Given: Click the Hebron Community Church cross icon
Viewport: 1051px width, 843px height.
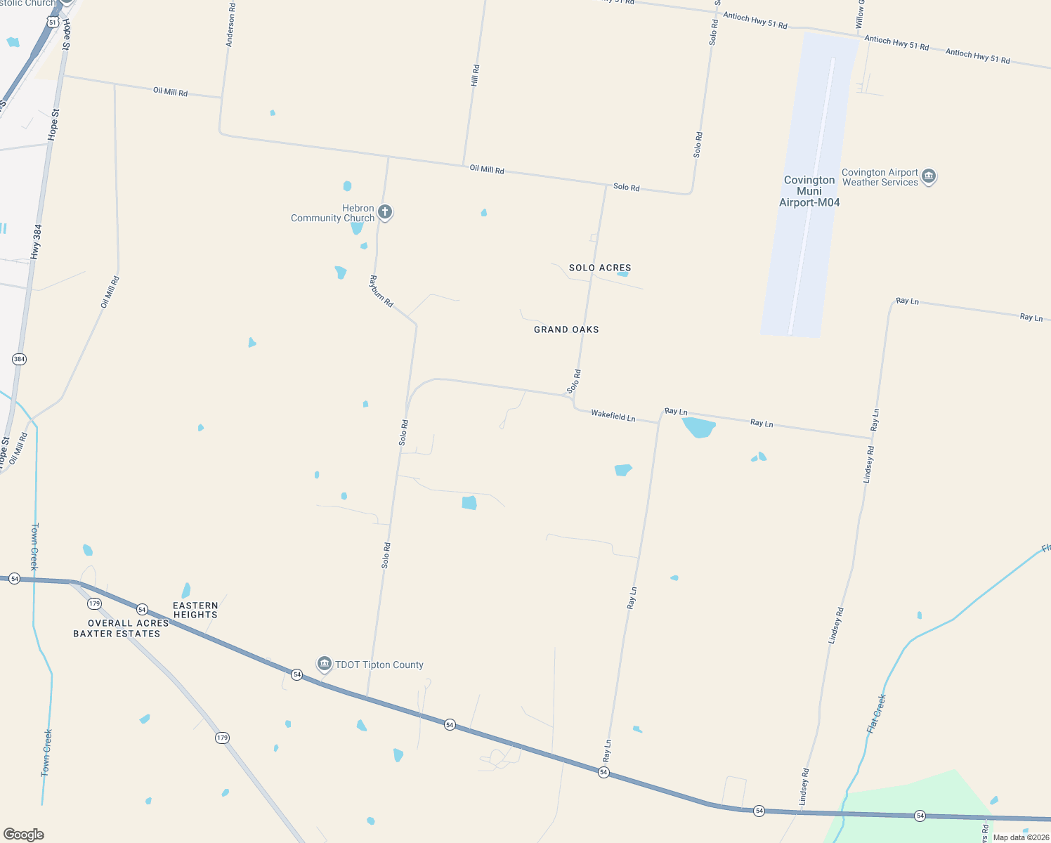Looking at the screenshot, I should (x=384, y=211).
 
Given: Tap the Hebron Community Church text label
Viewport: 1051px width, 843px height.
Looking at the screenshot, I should (x=333, y=214).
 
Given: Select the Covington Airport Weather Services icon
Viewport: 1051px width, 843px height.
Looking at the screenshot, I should (x=929, y=176).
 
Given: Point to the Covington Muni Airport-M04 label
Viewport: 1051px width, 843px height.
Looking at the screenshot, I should (x=809, y=191).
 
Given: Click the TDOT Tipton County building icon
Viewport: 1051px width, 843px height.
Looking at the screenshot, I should (x=324, y=663).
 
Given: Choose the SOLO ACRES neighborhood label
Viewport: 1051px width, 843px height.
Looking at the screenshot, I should (x=600, y=268).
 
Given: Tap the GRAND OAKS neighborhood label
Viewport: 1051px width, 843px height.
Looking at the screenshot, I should (x=566, y=329).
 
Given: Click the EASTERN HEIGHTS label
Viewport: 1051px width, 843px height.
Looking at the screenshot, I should (x=196, y=610).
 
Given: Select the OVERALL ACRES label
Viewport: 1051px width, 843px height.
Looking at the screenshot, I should (x=129, y=623).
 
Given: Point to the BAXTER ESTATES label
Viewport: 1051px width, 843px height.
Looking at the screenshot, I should (x=117, y=634).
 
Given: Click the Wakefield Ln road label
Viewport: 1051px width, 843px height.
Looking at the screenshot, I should (x=613, y=416).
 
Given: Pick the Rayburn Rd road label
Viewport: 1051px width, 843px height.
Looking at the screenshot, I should (x=381, y=291).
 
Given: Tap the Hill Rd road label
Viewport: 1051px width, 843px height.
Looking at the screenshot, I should (x=476, y=75).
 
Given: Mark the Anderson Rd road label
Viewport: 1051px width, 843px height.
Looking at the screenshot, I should (x=230, y=25).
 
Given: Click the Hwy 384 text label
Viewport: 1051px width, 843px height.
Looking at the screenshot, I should (x=37, y=241).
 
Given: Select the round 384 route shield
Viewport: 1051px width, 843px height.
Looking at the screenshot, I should (x=19, y=359).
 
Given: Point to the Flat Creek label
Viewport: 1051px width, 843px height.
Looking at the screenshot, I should (x=876, y=714).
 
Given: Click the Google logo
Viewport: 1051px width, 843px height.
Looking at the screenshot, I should (x=24, y=835).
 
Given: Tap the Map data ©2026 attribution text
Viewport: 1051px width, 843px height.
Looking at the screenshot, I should (x=1021, y=837).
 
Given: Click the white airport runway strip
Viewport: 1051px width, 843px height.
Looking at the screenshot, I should (x=812, y=197).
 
